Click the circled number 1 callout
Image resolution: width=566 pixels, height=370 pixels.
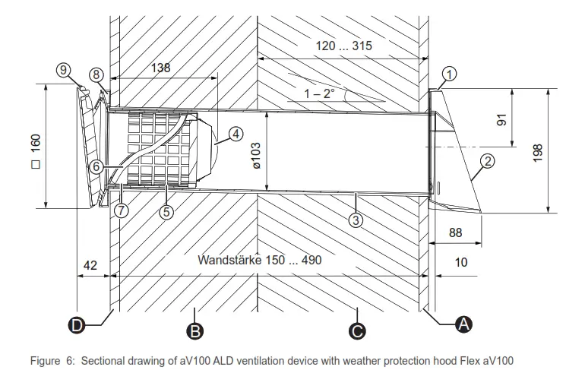449,74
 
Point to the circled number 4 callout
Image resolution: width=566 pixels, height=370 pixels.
236,134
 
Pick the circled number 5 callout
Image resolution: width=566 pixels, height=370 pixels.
166,212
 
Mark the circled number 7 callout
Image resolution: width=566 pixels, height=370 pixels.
122,211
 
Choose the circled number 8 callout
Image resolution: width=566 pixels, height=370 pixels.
96,74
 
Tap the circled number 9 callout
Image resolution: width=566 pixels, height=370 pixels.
63,69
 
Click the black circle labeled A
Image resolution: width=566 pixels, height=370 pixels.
462,324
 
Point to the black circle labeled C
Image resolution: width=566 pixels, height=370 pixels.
356,330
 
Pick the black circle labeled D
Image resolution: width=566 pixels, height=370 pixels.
77,325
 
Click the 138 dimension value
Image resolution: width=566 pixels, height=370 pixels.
160,67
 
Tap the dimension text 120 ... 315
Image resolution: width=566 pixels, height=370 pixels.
343,46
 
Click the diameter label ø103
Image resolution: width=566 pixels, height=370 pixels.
256,154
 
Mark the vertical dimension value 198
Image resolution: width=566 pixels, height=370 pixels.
537,151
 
